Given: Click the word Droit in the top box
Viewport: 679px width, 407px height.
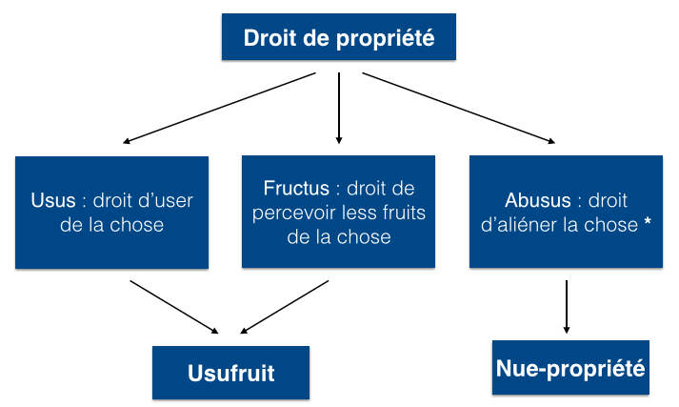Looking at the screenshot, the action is (x=270, y=38).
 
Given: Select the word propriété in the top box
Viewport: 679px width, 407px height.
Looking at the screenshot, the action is (x=385, y=39).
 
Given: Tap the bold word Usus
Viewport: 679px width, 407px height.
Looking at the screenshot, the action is (x=53, y=200).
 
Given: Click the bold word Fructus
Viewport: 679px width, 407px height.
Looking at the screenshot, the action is (x=296, y=188).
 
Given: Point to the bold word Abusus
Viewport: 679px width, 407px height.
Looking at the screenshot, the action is (x=538, y=200).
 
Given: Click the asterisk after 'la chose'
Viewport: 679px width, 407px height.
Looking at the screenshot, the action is (x=648, y=221).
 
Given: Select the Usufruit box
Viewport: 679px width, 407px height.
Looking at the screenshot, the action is (x=230, y=373).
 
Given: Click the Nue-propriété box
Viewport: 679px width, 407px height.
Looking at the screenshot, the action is (x=570, y=368).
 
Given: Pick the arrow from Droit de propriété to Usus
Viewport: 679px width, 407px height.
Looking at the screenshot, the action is (x=219, y=108).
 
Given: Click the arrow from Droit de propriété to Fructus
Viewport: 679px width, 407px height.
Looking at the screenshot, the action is (x=339, y=108).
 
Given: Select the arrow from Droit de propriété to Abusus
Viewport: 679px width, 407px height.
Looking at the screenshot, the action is (x=459, y=108).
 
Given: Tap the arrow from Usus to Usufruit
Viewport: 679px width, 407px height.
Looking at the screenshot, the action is (x=174, y=307).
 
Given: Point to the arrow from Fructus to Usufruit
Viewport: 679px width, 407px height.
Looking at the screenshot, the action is (x=284, y=307).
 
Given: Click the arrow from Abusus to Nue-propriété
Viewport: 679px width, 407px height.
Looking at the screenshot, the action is (x=567, y=307).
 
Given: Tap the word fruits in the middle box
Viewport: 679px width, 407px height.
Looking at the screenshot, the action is (x=404, y=213).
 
